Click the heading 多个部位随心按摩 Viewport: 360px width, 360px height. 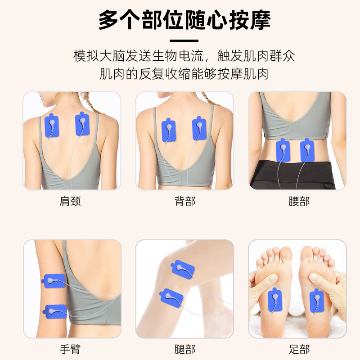[184, 20]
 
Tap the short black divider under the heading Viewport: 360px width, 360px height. [184, 40]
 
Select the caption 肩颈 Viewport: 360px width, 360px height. [70, 201]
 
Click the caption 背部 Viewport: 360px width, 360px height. [185, 201]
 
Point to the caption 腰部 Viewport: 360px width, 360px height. [299, 201]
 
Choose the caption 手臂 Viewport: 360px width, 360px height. [70, 349]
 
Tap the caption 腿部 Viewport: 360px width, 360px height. [185, 349]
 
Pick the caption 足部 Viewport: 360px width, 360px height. [299, 349]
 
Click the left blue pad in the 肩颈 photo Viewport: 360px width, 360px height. [52, 126]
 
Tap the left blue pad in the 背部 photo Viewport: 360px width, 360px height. [169, 130]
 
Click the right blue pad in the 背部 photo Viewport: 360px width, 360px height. [199, 128]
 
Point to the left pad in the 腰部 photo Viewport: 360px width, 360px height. [283, 150]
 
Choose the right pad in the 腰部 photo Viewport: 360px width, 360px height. [307, 150]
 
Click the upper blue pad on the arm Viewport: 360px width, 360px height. [54, 281]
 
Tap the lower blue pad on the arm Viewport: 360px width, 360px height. [55, 311]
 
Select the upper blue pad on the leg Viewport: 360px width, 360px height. [183, 270]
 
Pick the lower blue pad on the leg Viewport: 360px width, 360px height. [171, 298]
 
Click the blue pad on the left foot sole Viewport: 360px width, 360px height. [275, 300]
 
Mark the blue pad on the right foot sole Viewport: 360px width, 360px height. [317, 301]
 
